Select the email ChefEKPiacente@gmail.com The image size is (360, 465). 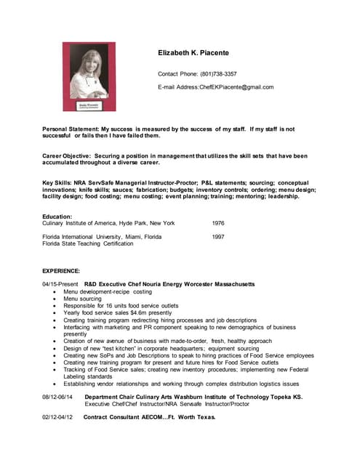pyautogui.click(x=236, y=87)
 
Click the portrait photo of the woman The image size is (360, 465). pyautogui.click(x=89, y=76)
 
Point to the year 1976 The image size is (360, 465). pyautogui.click(x=218, y=223)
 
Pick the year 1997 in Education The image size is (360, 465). pyautogui.click(x=218, y=237)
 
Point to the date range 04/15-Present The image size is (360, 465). pyautogui.click(x=60, y=284)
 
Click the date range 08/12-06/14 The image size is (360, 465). pyautogui.click(x=57, y=397)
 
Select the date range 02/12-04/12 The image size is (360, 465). pyautogui.click(x=57, y=418)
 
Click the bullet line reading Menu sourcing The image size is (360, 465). pyautogui.click(x=82, y=299)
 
